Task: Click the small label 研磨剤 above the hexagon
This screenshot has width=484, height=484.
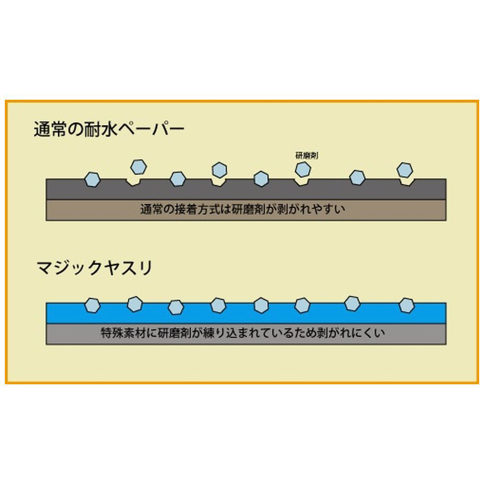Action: click(306, 155)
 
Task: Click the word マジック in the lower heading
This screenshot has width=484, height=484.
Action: click(69, 268)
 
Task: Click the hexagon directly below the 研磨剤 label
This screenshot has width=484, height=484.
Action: click(303, 169)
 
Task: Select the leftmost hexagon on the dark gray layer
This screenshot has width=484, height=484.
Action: click(92, 180)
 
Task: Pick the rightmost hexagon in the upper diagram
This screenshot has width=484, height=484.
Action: click(405, 170)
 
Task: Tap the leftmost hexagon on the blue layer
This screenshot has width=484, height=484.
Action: click(92, 305)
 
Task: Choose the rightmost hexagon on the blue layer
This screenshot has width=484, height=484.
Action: click(407, 305)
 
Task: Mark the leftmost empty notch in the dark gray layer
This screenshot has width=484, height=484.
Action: click(134, 182)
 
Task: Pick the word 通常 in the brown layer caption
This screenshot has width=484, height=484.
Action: click(151, 210)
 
